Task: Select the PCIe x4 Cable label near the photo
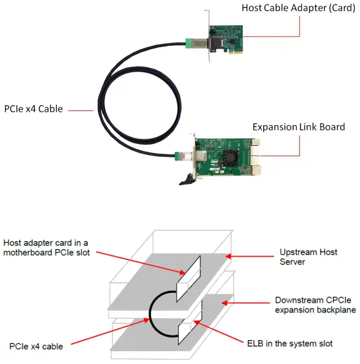(34, 108)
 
